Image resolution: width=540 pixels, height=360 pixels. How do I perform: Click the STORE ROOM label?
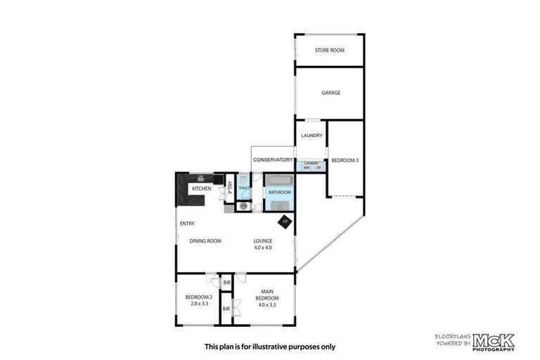click(329, 50)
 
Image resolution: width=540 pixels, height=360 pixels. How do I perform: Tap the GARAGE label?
click(330, 92)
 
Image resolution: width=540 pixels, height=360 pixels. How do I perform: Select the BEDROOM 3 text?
click(345, 161)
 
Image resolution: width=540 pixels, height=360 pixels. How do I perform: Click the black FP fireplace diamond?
click(285, 222)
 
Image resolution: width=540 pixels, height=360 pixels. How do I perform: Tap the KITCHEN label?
click(202, 188)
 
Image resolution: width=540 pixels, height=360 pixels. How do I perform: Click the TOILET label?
click(243, 188)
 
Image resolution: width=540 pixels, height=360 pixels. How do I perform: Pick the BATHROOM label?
click(279, 191)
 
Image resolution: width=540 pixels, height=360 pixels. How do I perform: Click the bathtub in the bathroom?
click(278, 179)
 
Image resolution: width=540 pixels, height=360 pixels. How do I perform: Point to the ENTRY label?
click(187, 224)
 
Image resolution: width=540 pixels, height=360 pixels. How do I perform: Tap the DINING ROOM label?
click(205, 241)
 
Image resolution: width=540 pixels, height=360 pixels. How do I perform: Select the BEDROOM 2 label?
click(198, 297)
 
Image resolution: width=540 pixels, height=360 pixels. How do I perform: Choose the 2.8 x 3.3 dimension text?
click(198, 304)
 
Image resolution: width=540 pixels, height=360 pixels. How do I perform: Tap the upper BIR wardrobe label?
click(226, 283)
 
